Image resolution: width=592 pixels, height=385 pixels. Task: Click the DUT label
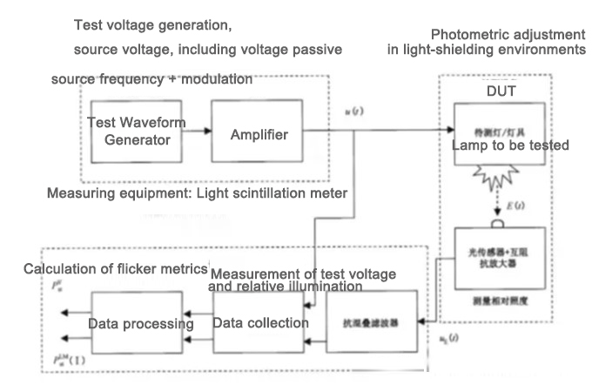pos(498,91)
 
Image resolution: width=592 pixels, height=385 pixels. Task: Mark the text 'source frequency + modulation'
pos(151,79)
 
